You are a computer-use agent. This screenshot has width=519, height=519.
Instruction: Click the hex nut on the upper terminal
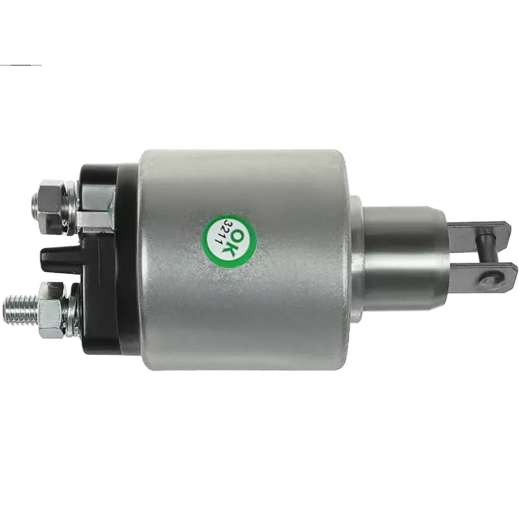[x=49, y=206]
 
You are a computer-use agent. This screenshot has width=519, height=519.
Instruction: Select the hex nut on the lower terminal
[x=51, y=310]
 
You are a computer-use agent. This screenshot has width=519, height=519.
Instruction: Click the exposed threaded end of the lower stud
[x=21, y=310]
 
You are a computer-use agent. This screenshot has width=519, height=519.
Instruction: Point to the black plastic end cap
[x=109, y=258]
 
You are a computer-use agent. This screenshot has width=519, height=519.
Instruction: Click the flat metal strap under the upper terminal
[x=96, y=219]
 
